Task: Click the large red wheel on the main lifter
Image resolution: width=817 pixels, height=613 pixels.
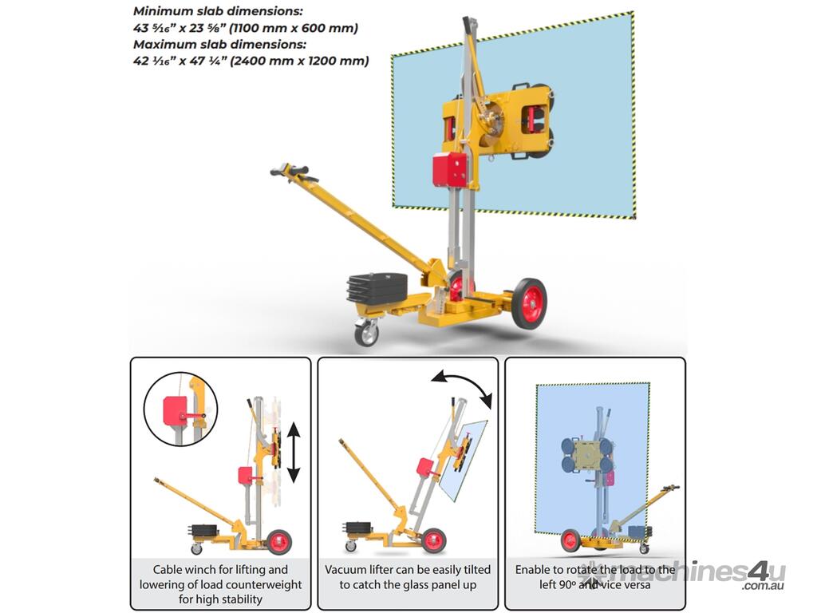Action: click(x=530, y=303)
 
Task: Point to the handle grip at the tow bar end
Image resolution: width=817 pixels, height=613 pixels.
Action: click(x=294, y=172)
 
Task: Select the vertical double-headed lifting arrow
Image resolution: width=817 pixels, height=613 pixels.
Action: click(x=294, y=452)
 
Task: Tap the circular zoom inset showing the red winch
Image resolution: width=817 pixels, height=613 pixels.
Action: click(x=180, y=409)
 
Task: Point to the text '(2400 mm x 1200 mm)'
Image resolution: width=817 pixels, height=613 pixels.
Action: click(x=299, y=61)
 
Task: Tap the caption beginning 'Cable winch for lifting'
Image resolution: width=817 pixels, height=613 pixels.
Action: click(x=220, y=584)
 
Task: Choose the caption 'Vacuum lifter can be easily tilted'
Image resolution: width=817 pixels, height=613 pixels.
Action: click(x=408, y=577)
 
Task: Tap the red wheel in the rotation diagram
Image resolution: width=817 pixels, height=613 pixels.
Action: click(x=571, y=540)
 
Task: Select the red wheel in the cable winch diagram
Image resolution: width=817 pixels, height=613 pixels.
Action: click(x=279, y=542)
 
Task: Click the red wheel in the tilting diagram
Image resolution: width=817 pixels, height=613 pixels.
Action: click(x=433, y=540)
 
